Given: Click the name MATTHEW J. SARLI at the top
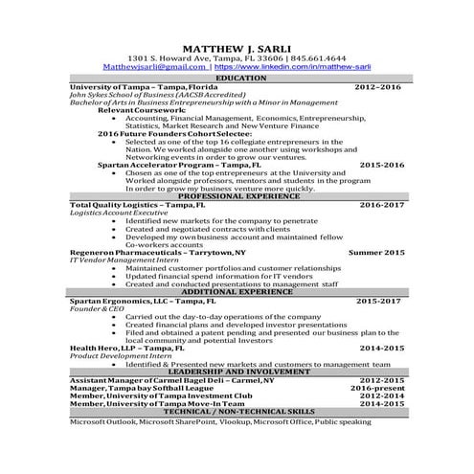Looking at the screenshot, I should coord(237,47).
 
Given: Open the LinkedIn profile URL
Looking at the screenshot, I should coord(292,67).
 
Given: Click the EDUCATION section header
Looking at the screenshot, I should coord(237,78).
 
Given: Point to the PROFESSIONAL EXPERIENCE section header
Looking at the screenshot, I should coord(237,195).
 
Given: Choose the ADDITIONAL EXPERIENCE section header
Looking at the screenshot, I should coord(237,291).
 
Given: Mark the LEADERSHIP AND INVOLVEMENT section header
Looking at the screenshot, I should coord(237,371).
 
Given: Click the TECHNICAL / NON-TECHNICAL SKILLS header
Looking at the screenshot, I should coord(237,411).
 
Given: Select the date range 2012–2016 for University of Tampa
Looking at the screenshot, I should coord(378,86).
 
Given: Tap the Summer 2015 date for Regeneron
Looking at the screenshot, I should coord(376,252).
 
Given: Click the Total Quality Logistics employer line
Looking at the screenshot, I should coord(137,204).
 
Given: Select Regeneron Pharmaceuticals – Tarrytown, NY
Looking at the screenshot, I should coord(158,252).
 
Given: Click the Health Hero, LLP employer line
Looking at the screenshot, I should coord(127,348).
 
